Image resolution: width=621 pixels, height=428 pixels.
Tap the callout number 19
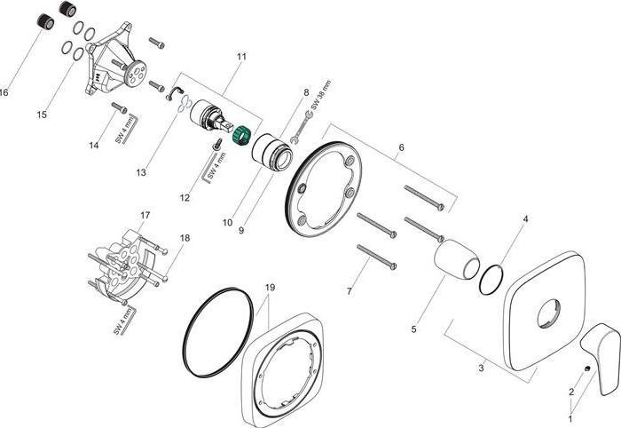click(271, 288)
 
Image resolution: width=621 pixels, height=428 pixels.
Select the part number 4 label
click(524, 218)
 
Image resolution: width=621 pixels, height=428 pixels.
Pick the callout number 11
click(240, 56)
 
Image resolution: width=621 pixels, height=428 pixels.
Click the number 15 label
click(41, 115)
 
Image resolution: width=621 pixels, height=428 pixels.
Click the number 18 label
click(185, 238)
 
